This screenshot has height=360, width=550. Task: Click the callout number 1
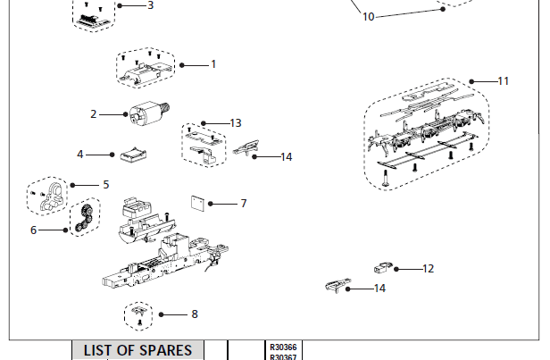213,64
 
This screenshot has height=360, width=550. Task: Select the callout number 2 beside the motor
93,114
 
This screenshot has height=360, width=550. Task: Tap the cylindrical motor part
145,116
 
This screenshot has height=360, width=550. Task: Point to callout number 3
150,5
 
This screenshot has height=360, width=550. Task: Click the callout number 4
79,155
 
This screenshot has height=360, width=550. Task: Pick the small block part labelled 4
133,155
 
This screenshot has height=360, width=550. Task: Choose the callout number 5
105,184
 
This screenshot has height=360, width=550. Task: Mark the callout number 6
34,230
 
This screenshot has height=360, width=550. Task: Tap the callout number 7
243,204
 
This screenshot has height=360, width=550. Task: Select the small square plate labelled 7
199,201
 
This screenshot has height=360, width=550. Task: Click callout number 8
194,314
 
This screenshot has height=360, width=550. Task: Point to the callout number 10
369,16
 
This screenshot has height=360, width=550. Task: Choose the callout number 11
503,80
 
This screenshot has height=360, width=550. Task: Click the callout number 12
428,268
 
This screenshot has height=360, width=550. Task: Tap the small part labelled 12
383,267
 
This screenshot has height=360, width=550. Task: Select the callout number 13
235,122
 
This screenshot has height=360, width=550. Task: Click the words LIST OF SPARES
137,350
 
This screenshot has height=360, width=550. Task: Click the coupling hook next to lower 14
336,285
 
